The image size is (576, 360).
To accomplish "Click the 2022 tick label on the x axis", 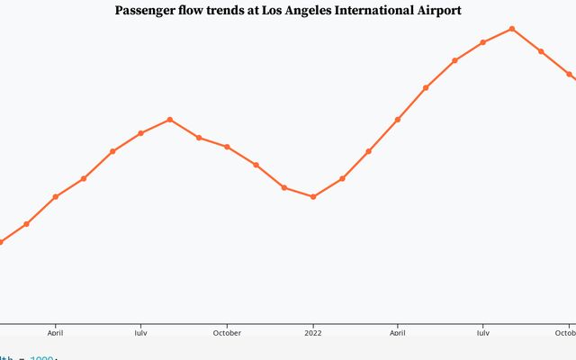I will click(313, 332).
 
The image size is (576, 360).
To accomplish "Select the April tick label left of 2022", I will click(56, 332).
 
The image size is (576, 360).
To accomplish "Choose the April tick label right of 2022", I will click(398, 332).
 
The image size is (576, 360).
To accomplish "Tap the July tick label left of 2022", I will click(140, 332).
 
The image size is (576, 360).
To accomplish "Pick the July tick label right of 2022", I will click(482, 332).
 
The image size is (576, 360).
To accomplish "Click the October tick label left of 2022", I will click(227, 332).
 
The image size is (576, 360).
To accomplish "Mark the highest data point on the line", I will click(512, 29).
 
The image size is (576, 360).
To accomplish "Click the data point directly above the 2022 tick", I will click(313, 196).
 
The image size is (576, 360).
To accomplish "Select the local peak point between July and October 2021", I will click(170, 120).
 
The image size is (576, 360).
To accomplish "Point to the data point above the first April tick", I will click(56, 196).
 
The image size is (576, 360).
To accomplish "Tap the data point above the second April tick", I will click(398, 120).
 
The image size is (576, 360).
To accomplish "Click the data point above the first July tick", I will click(140, 133).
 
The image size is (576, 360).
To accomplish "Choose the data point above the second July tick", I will click(482, 42).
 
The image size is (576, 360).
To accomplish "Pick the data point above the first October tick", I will click(227, 147).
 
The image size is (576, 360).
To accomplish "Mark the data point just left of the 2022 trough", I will click(284, 187).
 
